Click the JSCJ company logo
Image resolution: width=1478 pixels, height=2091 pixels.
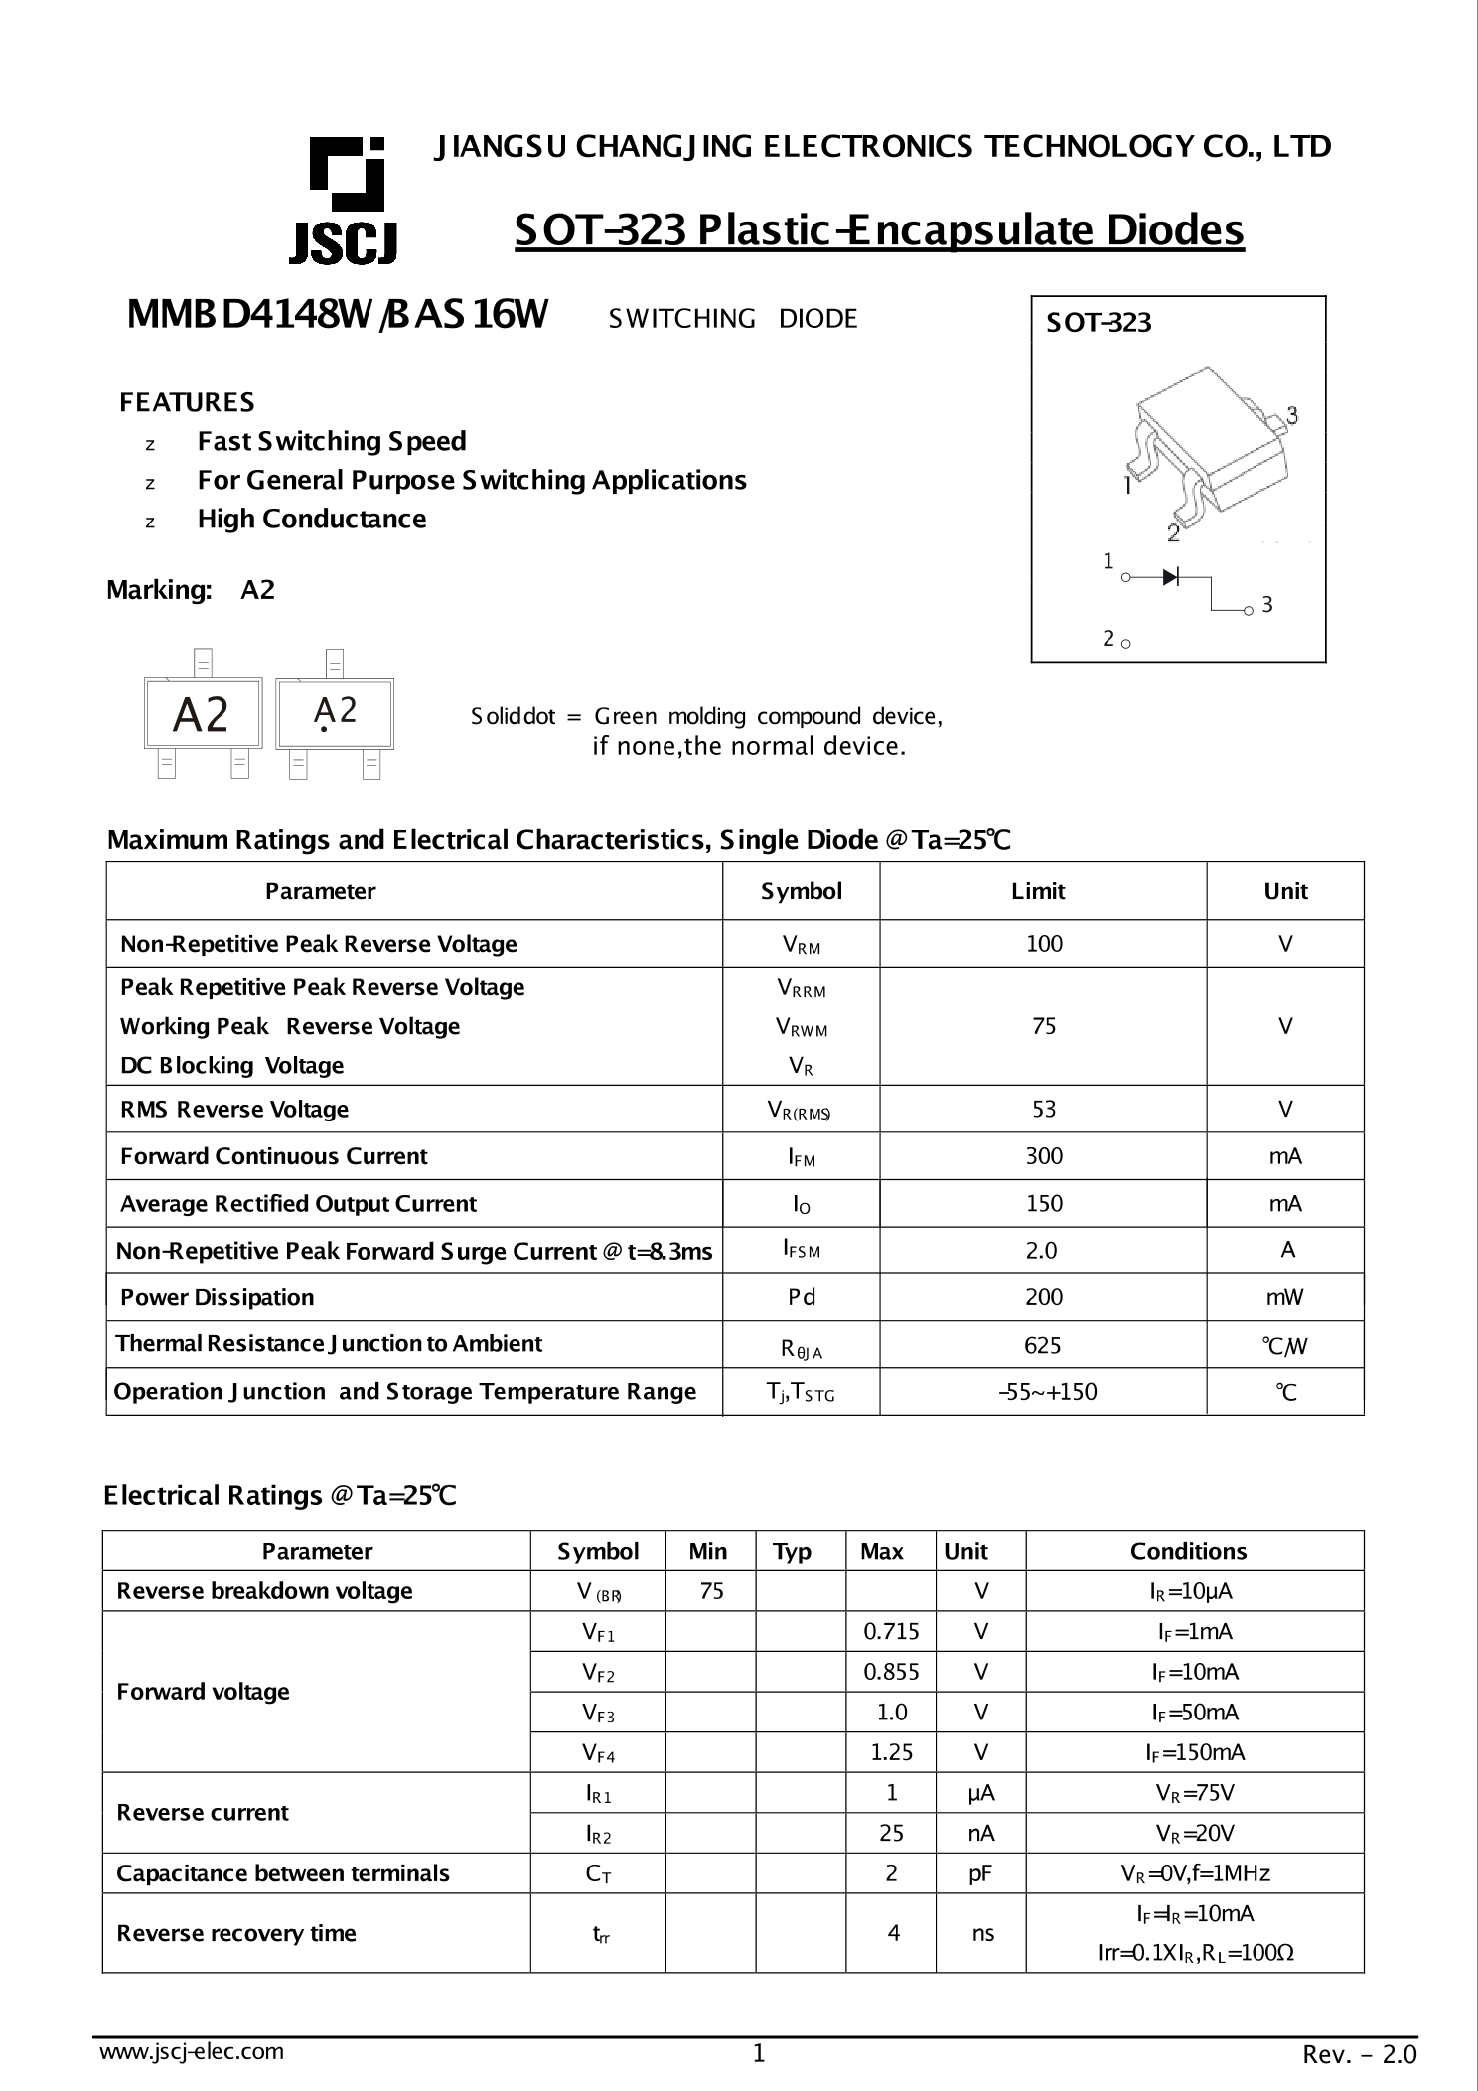[344, 202]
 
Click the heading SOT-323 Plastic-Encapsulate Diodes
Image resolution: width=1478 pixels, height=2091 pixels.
[878, 230]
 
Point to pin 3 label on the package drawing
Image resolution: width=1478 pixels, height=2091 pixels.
[1291, 414]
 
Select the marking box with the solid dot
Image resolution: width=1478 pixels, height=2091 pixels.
[335, 713]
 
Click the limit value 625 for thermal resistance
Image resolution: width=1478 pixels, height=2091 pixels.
[1042, 1345]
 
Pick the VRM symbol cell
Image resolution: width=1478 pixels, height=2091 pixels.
[801, 945]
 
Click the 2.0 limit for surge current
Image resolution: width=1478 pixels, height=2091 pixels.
[1041, 1250]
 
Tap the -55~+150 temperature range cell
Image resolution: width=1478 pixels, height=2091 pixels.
[1047, 1392]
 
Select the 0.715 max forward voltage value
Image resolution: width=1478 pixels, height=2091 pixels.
[891, 1631]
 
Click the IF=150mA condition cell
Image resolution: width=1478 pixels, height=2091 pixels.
[1194, 1752]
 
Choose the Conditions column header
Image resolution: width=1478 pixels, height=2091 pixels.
[1188, 1551]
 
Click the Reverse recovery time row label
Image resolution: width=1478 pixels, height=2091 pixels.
[236, 1933]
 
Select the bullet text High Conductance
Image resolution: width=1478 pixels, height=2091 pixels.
[312, 519]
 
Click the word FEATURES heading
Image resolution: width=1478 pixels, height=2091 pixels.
[187, 402]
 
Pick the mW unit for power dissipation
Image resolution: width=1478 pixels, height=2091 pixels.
[1284, 1297]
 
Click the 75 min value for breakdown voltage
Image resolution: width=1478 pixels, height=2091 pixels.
[711, 1591]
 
